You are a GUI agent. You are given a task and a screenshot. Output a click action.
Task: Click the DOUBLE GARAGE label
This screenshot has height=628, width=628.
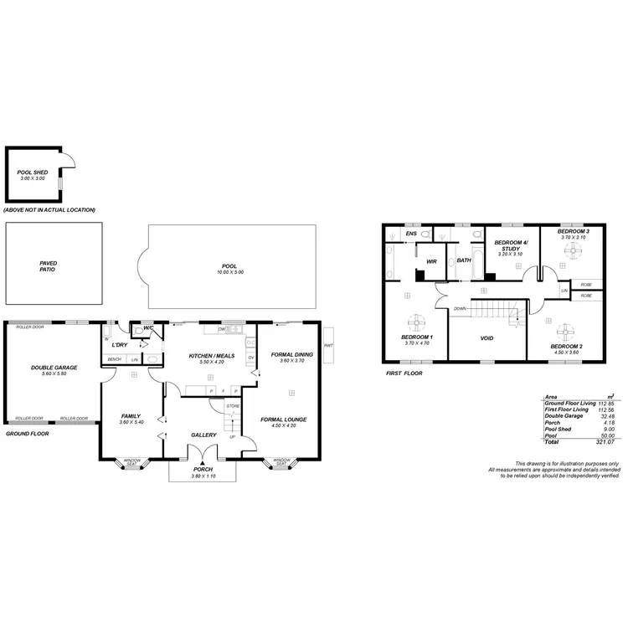pos(54,367)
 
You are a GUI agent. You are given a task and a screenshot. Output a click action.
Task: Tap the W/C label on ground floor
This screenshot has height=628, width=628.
pos(147,327)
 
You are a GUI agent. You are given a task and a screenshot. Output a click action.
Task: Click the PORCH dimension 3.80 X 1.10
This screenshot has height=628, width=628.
pos(203,476)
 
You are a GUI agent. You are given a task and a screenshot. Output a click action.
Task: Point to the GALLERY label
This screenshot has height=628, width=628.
pos(203,435)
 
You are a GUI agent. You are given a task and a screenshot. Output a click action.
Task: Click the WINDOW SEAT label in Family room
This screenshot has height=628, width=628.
pos(132,461)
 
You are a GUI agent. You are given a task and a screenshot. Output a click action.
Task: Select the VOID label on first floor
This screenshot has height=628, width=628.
pos(486,339)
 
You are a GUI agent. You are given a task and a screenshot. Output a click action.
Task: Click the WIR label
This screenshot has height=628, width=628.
pos(431,261)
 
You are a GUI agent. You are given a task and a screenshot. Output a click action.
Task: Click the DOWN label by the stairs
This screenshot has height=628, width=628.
pos(460,308)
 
